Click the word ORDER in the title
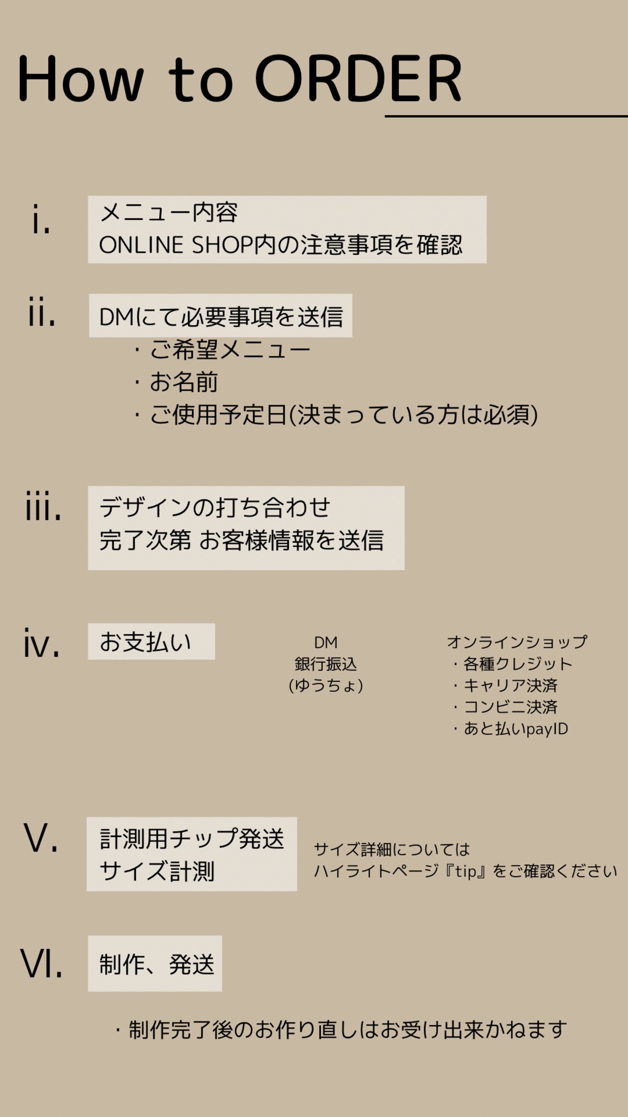click(x=358, y=79)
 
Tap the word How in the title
click(x=81, y=79)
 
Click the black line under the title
click(x=505, y=116)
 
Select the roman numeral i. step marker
click(x=41, y=219)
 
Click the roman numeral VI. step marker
click(x=42, y=963)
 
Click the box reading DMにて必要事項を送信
click(x=221, y=316)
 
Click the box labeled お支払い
click(x=151, y=641)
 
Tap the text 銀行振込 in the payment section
click(x=326, y=664)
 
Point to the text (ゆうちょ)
click(x=326, y=685)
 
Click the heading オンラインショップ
click(x=517, y=642)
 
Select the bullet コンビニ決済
click(x=510, y=707)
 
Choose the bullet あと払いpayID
click(x=515, y=729)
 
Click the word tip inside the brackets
click(x=465, y=871)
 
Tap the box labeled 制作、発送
click(x=155, y=963)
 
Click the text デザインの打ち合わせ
click(x=215, y=507)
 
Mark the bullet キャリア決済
click(x=510, y=685)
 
